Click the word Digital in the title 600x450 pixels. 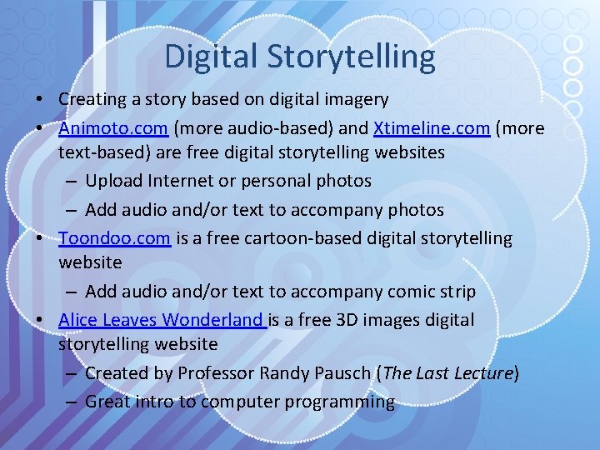[x=212, y=57]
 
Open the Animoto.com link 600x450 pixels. [x=114, y=127]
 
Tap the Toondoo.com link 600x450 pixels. [x=114, y=238]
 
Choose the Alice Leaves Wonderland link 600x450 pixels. [x=162, y=320]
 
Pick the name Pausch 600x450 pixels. [x=342, y=373]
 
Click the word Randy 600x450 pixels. [x=282, y=373]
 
